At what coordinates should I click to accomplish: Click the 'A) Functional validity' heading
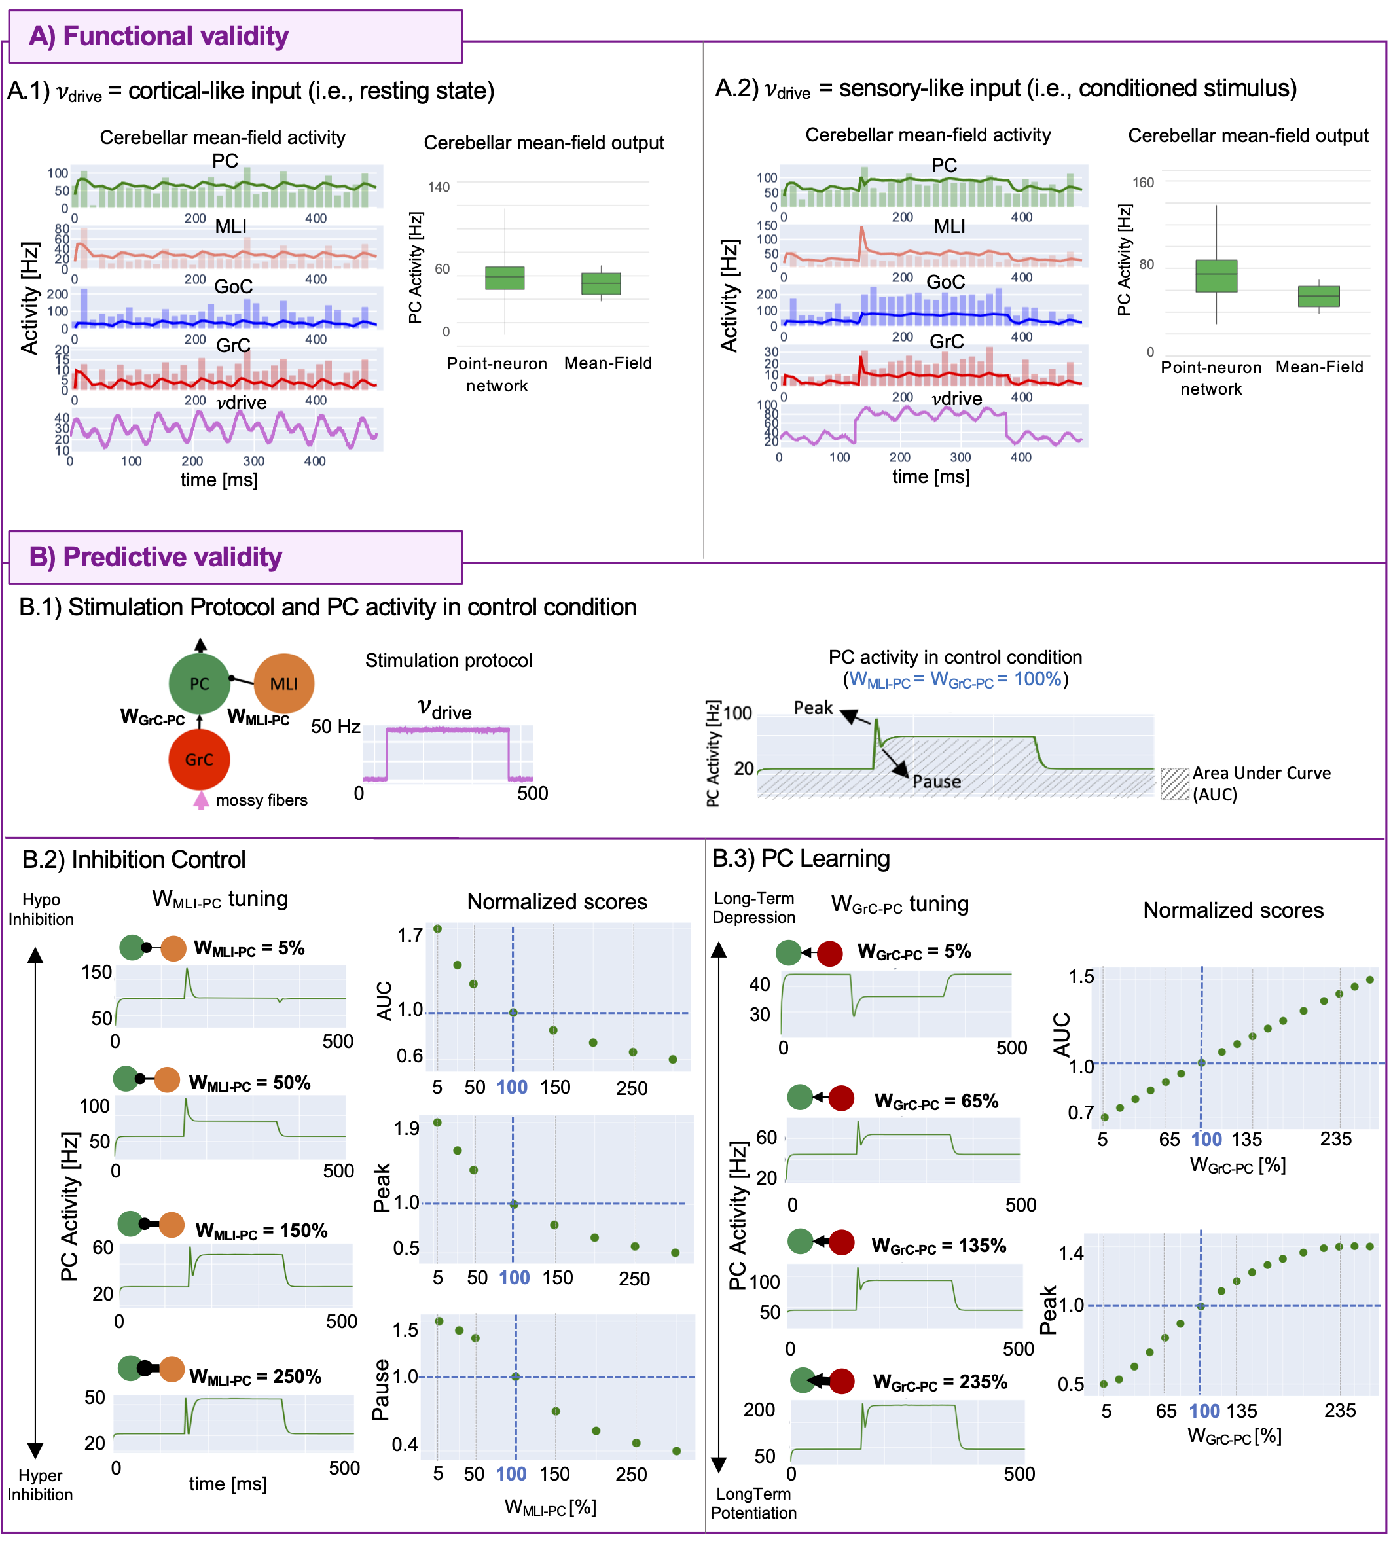(158, 36)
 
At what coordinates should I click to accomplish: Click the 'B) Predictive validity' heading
(155, 557)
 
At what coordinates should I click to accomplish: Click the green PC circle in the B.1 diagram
(199, 684)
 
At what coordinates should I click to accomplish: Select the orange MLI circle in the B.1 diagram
(283, 684)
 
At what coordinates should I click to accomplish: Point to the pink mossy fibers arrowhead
(200, 800)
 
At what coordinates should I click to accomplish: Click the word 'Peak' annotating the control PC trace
(812, 708)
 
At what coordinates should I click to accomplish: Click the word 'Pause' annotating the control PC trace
(936, 781)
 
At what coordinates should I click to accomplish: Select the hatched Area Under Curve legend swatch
(1175, 783)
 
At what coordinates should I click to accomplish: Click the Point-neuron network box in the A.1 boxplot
(505, 278)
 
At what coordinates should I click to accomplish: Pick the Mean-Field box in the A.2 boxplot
(1318, 297)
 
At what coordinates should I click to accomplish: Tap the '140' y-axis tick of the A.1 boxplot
(439, 187)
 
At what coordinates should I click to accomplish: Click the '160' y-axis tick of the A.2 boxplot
(1143, 183)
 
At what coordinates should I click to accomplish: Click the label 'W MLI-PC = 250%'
(255, 1376)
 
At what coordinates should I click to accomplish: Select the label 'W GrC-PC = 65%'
(936, 1101)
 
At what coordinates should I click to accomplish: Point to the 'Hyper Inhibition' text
(41, 1485)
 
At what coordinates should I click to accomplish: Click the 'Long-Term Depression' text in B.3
(753, 908)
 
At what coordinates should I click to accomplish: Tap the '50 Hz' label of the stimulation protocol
(336, 726)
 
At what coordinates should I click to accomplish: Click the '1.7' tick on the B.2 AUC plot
(410, 935)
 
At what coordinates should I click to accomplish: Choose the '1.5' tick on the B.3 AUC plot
(1081, 977)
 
